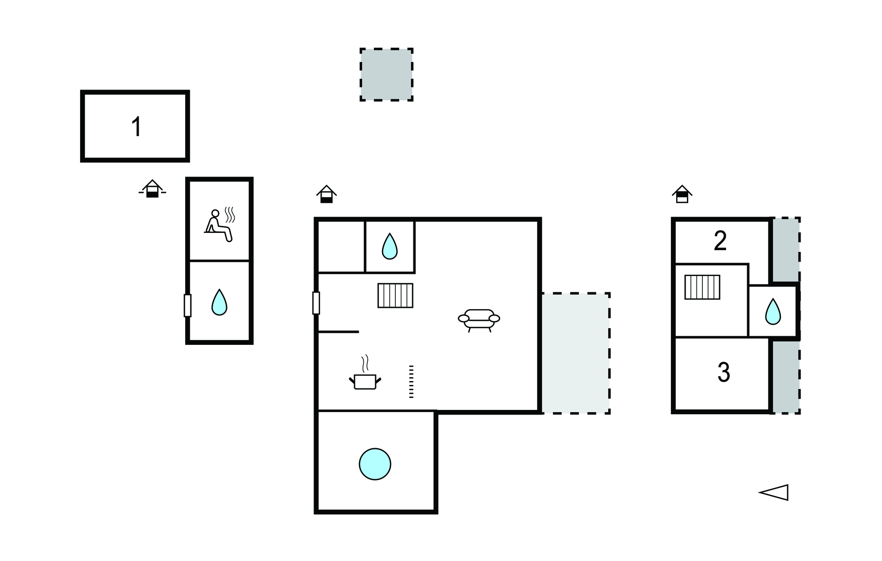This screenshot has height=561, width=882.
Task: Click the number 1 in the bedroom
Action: click(137, 127)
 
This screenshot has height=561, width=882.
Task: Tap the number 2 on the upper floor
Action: click(720, 241)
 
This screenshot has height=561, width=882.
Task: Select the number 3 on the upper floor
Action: click(724, 372)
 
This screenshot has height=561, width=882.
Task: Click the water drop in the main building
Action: click(389, 246)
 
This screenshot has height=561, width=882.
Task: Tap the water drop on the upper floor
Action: click(773, 311)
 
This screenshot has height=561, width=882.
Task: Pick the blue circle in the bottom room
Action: click(375, 464)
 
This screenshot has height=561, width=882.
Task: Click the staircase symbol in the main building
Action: click(395, 295)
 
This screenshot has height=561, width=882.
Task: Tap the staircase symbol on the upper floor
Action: click(702, 287)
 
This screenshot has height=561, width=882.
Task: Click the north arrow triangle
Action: click(774, 492)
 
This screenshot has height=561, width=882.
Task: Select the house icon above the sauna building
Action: click(152, 189)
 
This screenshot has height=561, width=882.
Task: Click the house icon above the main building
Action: click(326, 194)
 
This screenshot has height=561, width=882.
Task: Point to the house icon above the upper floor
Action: click(682, 194)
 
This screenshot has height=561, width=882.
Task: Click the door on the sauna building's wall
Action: click(187, 305)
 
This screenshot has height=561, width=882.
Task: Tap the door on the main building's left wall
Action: click(316, 303)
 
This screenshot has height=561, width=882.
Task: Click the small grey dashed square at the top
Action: click(386, 74)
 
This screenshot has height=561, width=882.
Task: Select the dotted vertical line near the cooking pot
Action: click(411, 381)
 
